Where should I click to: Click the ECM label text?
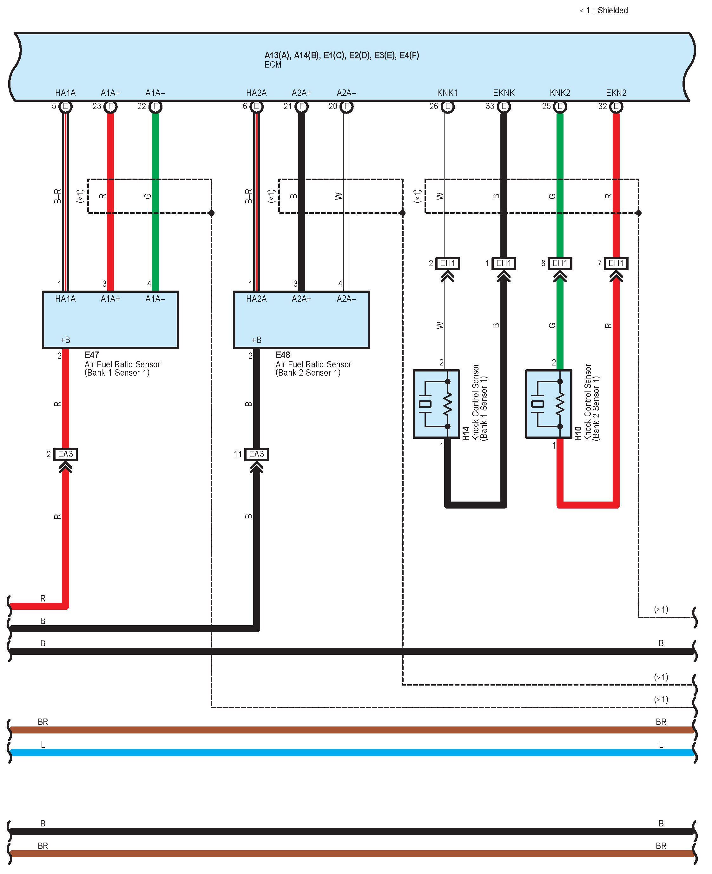coord(273,65)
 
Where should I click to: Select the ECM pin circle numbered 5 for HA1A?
coord(65,107)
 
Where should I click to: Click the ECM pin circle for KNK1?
coord(447,107)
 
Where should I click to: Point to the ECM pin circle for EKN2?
coord(616,107)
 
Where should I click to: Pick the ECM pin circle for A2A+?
coord(301,107)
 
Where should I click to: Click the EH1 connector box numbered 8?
coord(560,263)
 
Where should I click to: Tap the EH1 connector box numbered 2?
coord(447,263)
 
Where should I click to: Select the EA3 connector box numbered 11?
coord(256,454)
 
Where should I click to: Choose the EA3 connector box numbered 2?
coord(65,454)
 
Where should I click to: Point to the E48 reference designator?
coord(283,355)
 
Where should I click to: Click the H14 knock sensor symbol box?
coord(436,404)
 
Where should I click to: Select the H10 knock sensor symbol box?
coord(548,404)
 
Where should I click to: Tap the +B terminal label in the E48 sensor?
coord(256,340)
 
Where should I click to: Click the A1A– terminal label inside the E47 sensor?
coord(155,299)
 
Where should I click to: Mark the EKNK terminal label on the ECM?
coord(504,93)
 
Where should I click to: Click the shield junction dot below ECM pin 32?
coord(639,213)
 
